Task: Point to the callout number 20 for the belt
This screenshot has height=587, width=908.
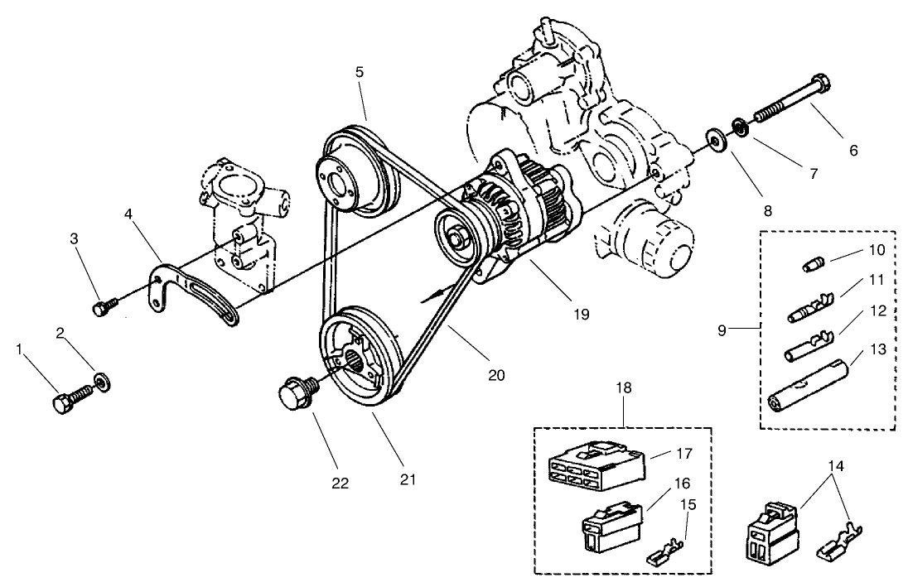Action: click(496, 374)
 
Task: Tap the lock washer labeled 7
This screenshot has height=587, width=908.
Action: click(736, 128)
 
